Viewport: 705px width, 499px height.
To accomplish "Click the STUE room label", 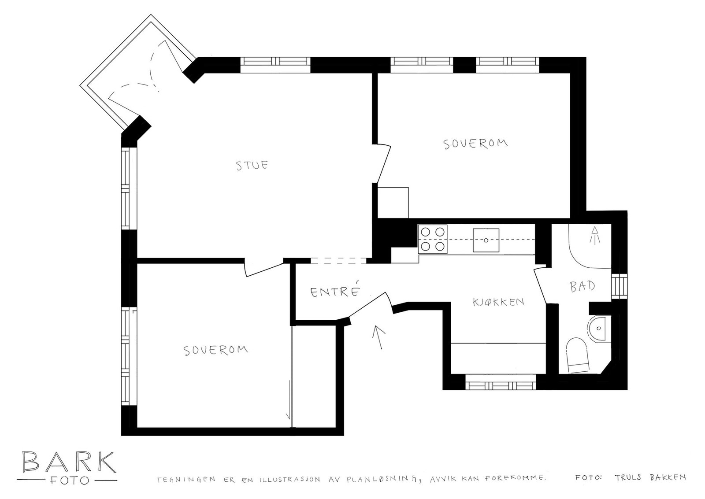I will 252,166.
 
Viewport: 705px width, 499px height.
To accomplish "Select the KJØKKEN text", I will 498,302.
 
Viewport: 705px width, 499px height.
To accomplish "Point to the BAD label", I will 583,287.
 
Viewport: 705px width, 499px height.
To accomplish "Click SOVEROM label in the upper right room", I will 475,144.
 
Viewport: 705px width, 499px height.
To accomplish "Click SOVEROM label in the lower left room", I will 215,350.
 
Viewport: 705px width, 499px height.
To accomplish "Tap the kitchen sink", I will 486,240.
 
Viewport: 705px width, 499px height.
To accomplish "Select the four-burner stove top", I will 433,239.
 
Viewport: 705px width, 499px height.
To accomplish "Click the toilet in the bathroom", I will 578,355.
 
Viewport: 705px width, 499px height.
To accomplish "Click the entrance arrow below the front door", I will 378,337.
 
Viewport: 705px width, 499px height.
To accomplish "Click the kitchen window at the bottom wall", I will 501,385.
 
